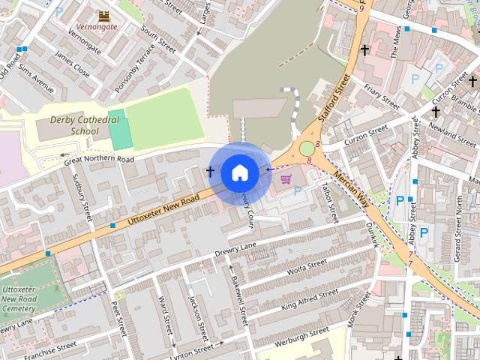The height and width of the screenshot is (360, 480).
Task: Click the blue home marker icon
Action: pyautogui.click(x=239, y=173)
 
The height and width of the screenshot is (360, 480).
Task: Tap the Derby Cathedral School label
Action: pyautogui.click(x=74, y=125)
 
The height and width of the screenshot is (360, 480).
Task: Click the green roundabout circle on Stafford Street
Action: pyautogui.click(x=307, y=148)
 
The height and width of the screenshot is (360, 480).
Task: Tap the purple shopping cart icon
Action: pyautogui.click(x=286, y=179)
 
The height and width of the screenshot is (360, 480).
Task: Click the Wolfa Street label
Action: pyautogui.click(x=307, y=265)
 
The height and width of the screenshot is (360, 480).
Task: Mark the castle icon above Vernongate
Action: pyautogui.click(x=104, y=15)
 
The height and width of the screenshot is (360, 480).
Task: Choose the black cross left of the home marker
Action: pyautogui.click(x=210, y=172)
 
